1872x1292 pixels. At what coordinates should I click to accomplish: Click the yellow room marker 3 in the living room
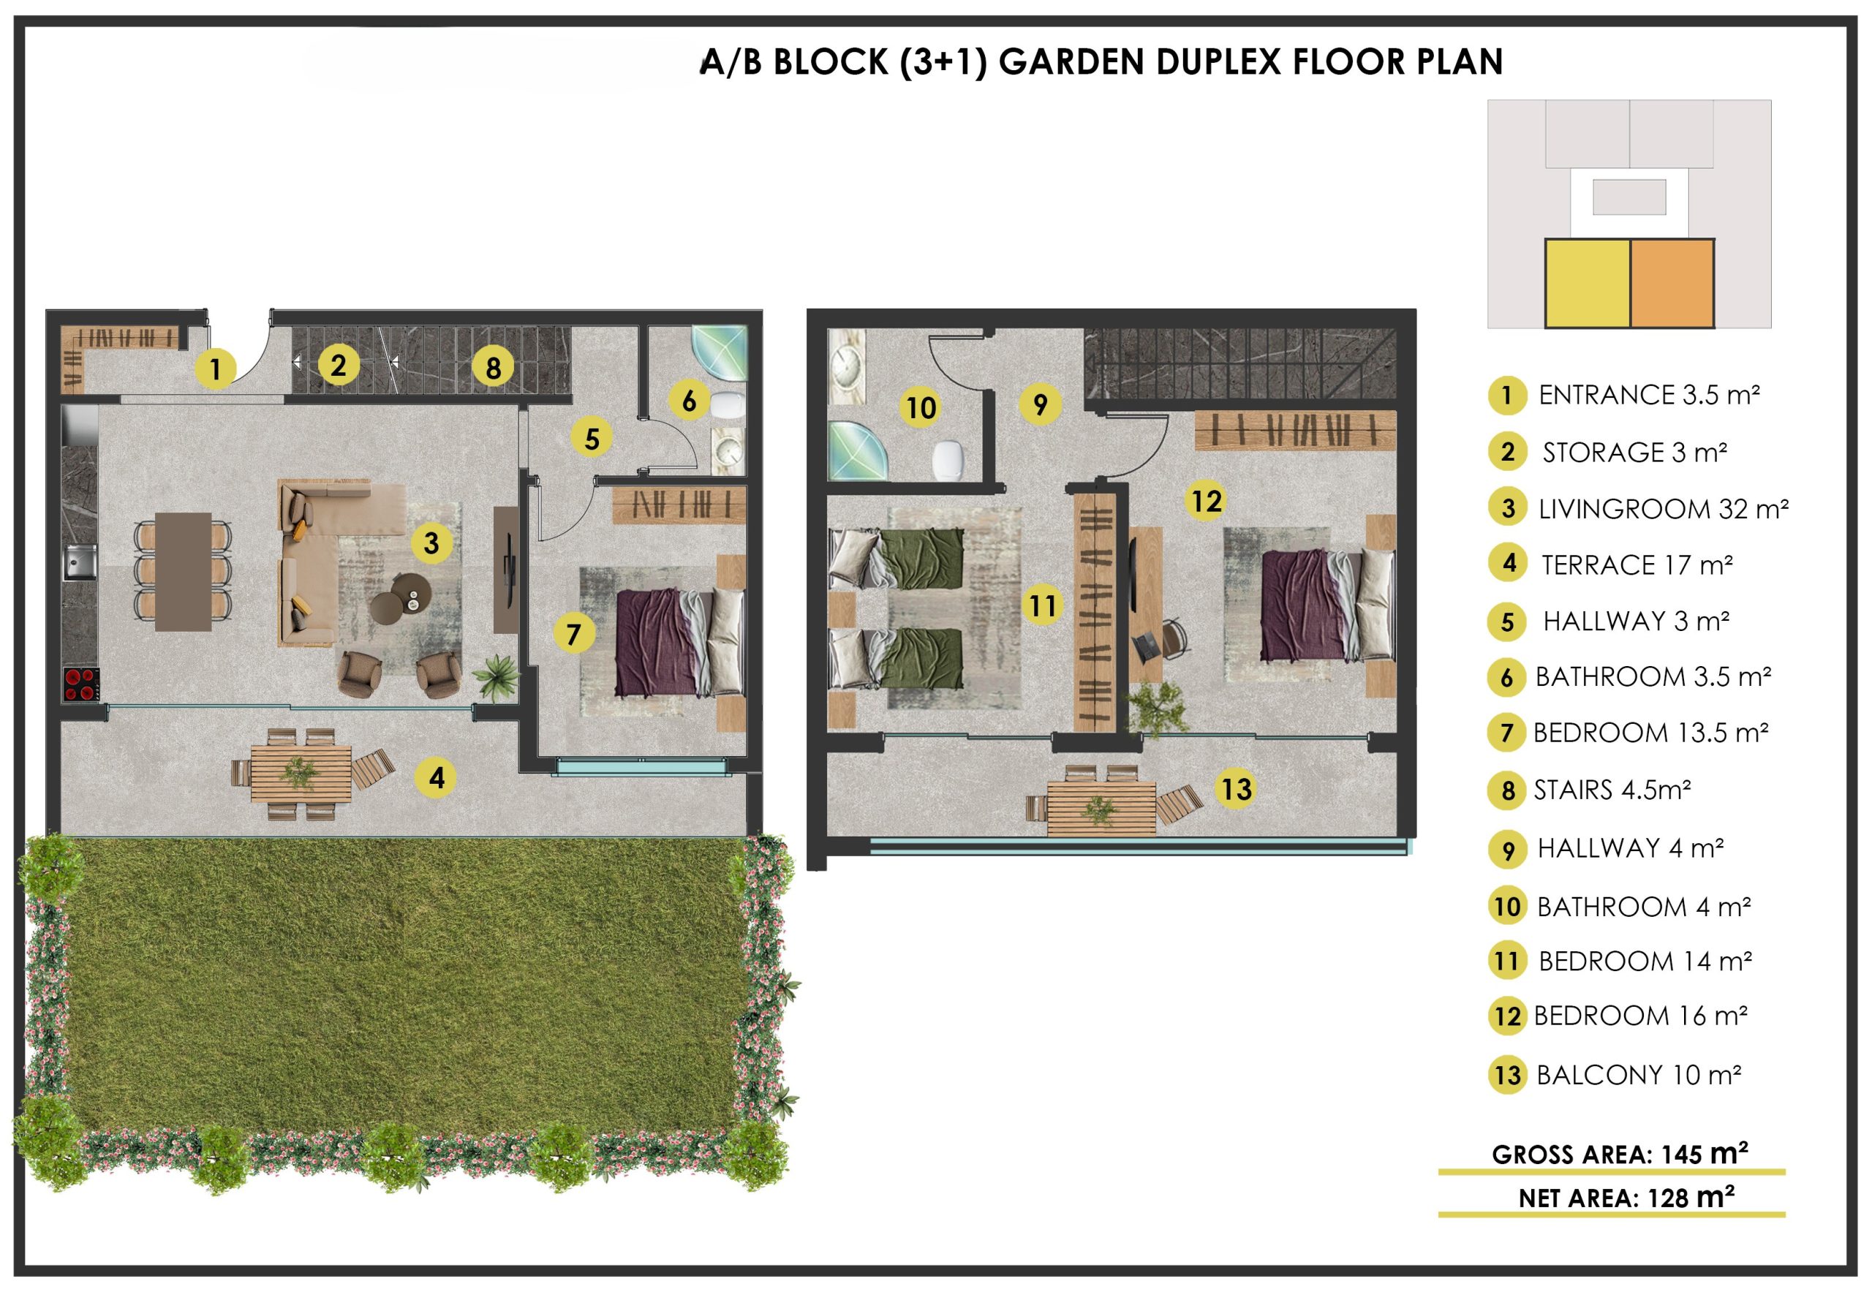(x=431, y=542)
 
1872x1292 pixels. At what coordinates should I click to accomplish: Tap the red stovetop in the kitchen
(x=81, y=685)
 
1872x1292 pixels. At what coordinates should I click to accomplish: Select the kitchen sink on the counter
(x=80, y=562)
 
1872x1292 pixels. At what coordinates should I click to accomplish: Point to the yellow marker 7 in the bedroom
(x=574, y=634)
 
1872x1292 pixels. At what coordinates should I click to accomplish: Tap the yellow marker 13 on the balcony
(x=1236, y=788)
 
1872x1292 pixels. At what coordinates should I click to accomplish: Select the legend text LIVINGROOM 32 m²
(x=1663, y=508)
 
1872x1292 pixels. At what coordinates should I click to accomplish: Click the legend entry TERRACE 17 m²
(x=1637, y=564)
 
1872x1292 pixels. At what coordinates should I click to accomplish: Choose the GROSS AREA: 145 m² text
(x=1620, y=1154)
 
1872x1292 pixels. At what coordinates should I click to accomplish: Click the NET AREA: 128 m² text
(x=1626, y=1197)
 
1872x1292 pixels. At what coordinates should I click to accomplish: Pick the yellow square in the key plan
(x=1587, y=284)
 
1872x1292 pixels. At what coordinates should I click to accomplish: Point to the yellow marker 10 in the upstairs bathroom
(x=921, y=407)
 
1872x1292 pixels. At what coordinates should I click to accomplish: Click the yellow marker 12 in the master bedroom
(x=1206, y=500)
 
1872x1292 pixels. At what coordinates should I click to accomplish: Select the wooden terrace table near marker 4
(x=301, y=773)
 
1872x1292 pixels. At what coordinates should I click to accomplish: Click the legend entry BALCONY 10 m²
(x=1638, y=1075)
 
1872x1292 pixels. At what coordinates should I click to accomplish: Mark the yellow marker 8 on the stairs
(x=492, y=368)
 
